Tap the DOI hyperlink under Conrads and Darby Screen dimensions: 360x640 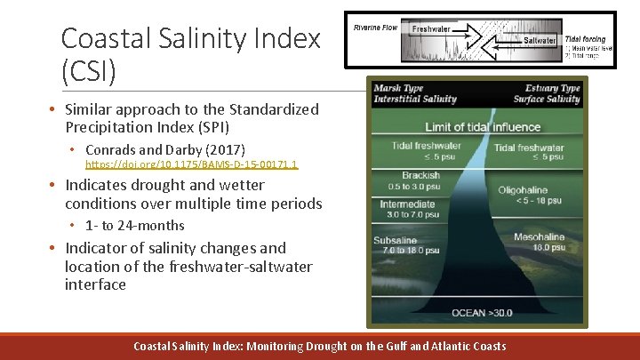tap(191, 164)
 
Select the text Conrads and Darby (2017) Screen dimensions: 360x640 tap(165, 149)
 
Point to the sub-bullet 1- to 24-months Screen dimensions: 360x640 tap(135, 226)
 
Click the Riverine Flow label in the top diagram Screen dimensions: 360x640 tap(375, 28)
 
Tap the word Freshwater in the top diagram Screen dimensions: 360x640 tap(431, 29)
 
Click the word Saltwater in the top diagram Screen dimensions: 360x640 tap(540, 40)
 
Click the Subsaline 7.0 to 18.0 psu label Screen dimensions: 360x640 tap(405, 245)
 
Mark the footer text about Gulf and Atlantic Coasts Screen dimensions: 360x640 tap(319, 346)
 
